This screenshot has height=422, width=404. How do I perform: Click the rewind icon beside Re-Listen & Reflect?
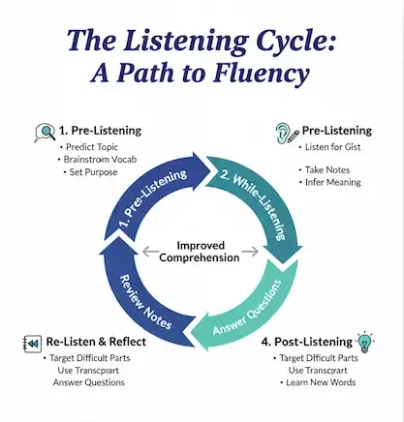(x=32, y=345)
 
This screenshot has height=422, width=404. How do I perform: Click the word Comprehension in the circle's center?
(x=202, y=258)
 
